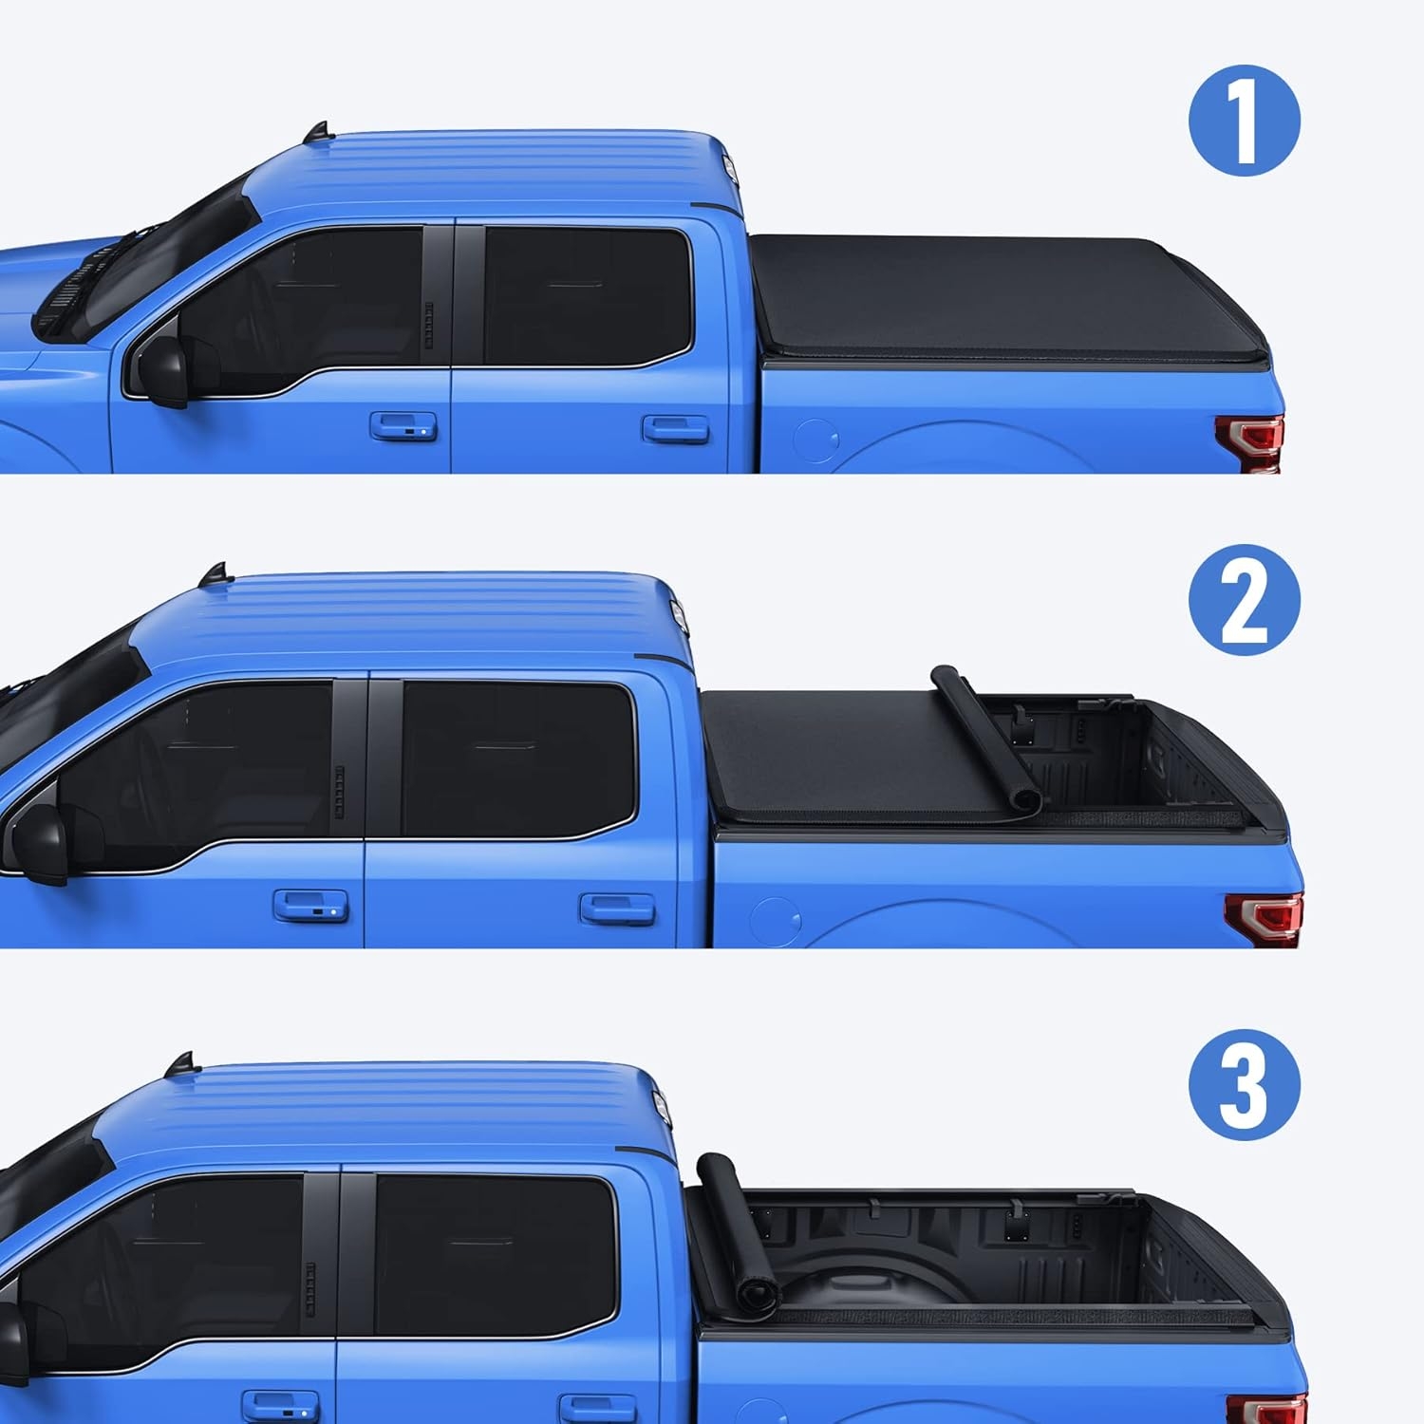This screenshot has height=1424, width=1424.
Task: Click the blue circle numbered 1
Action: click(1244, 122)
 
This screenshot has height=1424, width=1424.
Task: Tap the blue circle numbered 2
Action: click(1244, 601)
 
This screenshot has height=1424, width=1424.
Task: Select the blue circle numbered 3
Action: click(1244, 1086)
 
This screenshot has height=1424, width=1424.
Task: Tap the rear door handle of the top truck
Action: click(675, 428)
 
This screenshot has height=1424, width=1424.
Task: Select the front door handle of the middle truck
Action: click(310, 905)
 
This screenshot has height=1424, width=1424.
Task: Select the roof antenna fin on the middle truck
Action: click(213, 574)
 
